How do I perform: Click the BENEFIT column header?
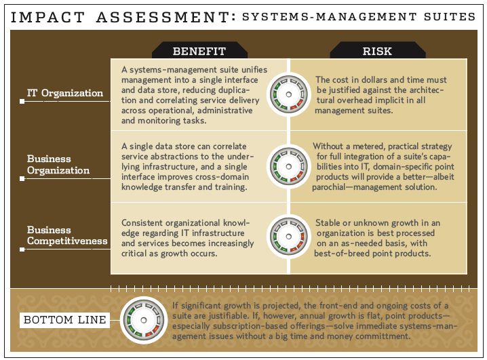(x=199, y=51)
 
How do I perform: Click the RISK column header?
(x=377, y=51)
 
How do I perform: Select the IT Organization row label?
(x=65, y=93)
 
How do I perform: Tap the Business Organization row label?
(x=58, y=165)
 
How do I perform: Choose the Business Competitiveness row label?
(x=67, y=235)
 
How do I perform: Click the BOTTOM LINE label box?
(x=64, y=319)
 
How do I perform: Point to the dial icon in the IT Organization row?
(x=288, y=94)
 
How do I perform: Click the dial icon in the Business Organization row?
(x=288, y=166)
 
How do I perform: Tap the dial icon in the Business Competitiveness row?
(x=288, y=237)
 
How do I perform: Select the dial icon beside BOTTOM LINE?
(x=144, y=320)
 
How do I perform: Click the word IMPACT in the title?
(x=48, y=17)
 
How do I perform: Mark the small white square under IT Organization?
(x=22, y=102)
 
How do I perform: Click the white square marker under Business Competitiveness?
(x=22, y=249)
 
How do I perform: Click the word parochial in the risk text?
(x=328, y=187)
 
